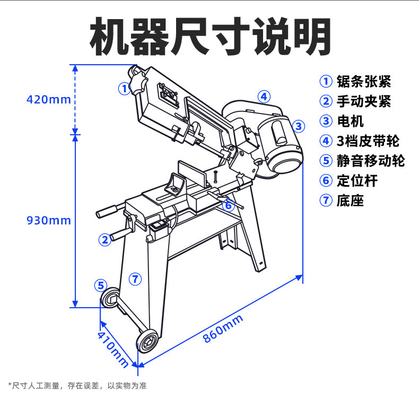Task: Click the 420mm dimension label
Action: [48, 99]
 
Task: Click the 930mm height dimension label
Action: [48, 220]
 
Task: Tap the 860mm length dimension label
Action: [223, 329]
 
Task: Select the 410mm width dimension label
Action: [112, 348]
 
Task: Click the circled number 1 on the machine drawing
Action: [124, 88]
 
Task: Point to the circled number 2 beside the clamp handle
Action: [105, 239]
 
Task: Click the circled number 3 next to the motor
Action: [299, 126]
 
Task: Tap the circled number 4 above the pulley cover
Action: [264, 97]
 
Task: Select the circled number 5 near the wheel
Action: [101, 285]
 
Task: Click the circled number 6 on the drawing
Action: [228, 205]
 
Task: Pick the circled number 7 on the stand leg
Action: [135, 278]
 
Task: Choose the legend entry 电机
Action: [350, 121]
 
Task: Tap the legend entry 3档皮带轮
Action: [368, 141]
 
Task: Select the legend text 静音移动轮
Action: [370, 160]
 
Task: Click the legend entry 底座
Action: [350, 201]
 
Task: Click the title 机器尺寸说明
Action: [210, 37]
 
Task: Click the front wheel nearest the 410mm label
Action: [148, 340]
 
